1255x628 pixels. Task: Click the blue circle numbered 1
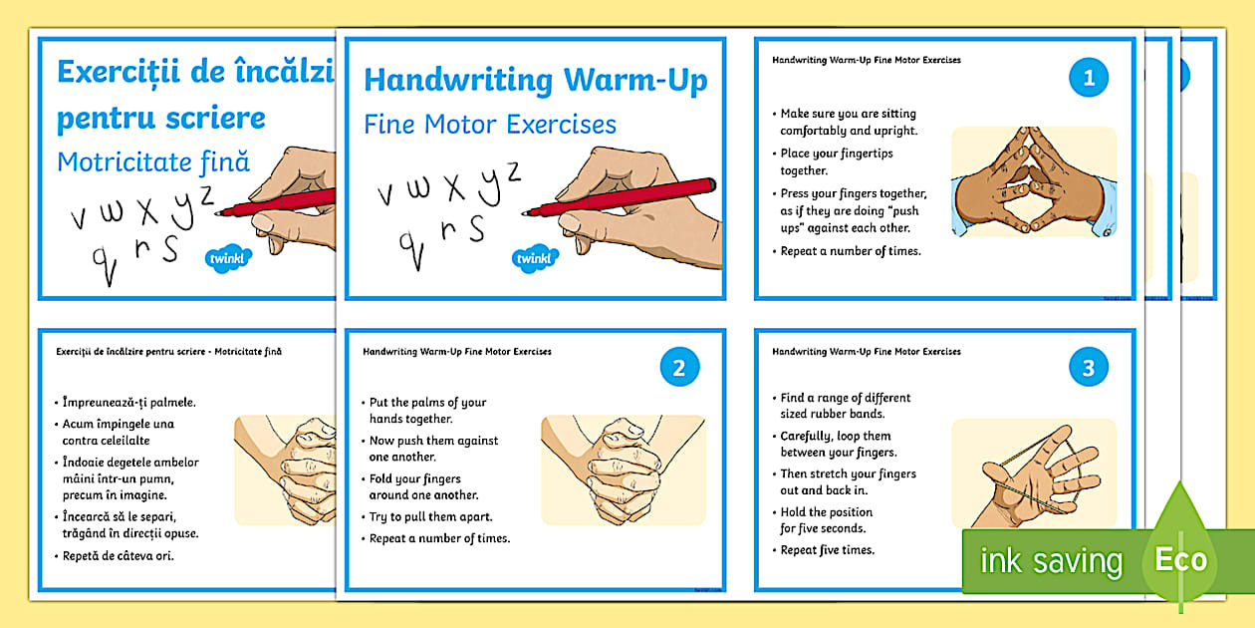pos(1088,78)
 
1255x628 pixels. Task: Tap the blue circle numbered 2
pos(679,367)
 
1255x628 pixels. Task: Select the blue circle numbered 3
pos(1088,367)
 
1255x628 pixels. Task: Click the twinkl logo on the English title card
pos(535,258)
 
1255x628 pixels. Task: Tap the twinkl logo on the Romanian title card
pos(227,258)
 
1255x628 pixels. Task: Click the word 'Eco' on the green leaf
pos(1180,559)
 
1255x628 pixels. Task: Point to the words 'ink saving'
pos(1051,560)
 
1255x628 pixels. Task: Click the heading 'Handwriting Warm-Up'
pos(536,80)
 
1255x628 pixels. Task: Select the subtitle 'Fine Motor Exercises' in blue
pos(490,125)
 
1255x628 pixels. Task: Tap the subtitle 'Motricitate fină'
pos(153,162)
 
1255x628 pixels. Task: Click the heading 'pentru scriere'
pos(161,119)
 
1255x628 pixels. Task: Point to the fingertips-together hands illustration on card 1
pos(1034,181)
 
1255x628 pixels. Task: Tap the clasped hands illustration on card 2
pos(624,470)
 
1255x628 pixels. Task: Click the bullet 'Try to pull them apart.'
pos(430,517)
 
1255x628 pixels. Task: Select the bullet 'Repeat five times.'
pos(827,550)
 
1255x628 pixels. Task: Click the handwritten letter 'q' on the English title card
pos(412,251)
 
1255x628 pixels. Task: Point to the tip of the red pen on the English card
pos(524,213)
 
